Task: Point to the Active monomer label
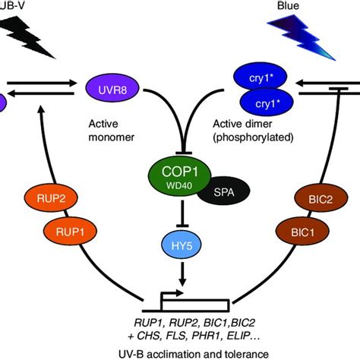coord(114,134)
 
